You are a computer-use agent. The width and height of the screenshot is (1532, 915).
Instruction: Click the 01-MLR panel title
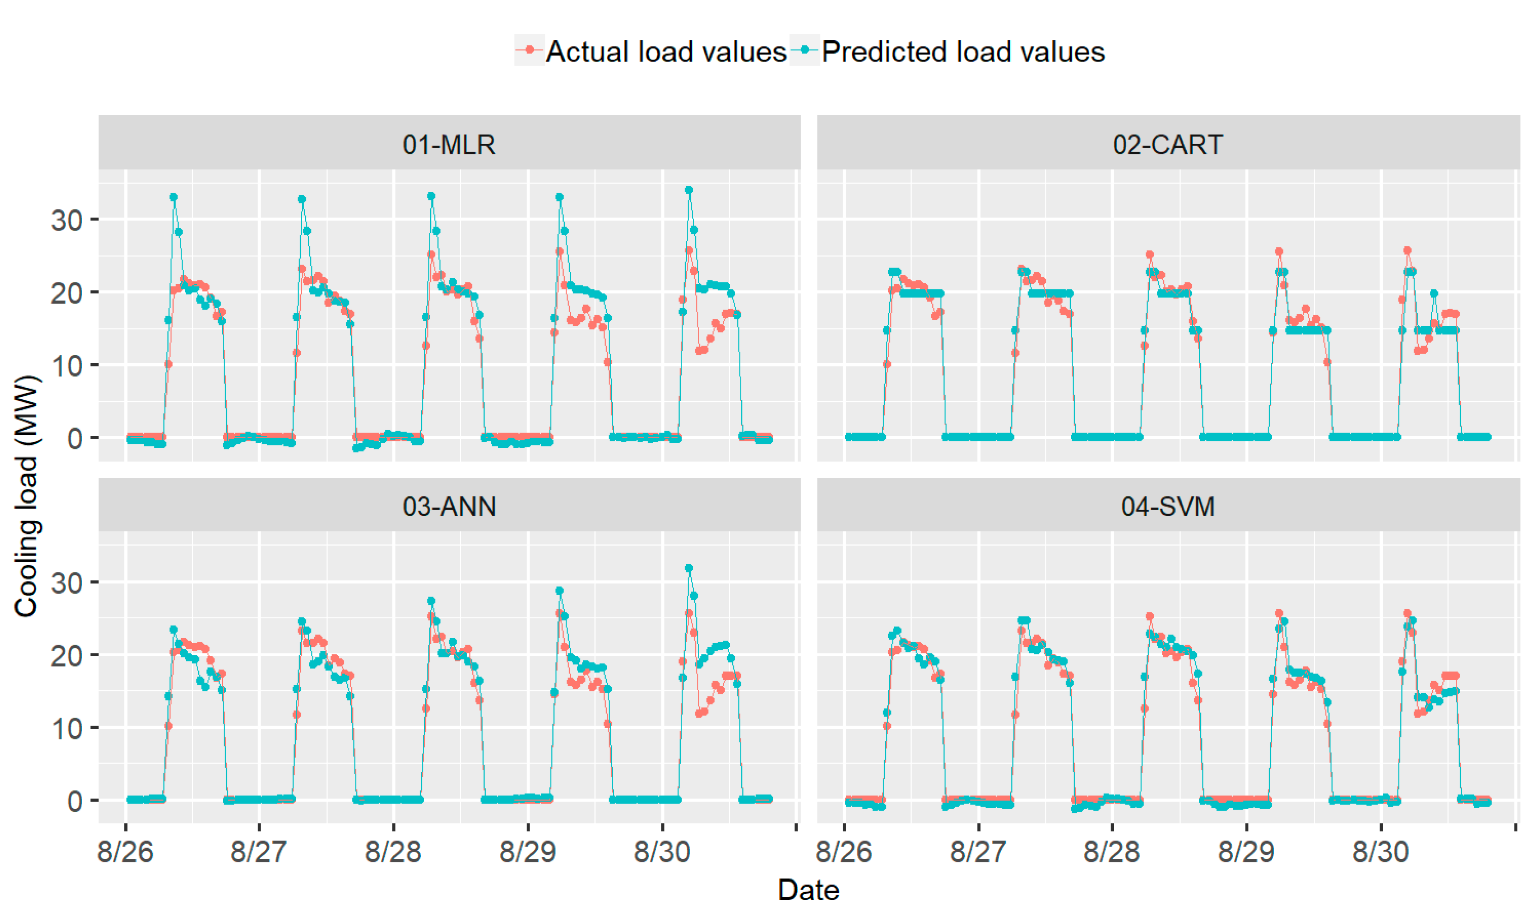449,144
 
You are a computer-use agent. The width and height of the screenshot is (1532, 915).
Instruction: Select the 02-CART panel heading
1168,144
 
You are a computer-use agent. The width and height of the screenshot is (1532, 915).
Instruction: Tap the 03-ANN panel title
449,506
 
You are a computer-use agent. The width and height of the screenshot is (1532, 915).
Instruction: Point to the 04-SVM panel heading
1168,506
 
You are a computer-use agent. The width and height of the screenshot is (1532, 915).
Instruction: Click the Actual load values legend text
666,52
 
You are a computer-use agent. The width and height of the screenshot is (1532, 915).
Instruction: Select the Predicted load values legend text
963,52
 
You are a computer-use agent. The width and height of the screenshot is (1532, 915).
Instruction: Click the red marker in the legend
529,50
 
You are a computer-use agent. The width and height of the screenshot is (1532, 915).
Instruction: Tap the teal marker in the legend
805,50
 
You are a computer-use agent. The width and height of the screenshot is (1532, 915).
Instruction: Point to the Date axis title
808,890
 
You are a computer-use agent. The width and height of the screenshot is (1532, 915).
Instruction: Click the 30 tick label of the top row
67,220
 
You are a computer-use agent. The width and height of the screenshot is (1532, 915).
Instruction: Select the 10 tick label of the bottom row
67,729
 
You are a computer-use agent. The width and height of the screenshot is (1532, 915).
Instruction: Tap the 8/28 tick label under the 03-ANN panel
393,852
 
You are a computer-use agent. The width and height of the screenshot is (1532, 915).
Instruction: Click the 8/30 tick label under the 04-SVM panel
1380,852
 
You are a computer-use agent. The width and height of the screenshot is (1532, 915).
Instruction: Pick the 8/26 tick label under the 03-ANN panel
125,852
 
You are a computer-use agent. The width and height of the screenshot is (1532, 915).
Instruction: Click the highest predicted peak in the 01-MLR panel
689,190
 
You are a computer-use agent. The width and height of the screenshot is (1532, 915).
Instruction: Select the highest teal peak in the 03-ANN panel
689,568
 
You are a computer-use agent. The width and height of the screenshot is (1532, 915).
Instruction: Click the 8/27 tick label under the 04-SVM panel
978,852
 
